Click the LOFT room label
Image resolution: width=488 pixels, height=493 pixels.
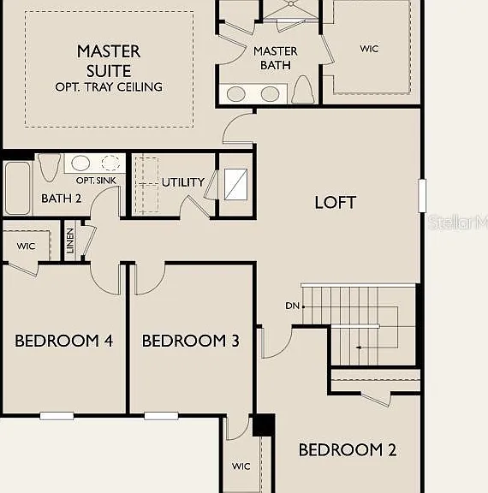[x=336, y=202]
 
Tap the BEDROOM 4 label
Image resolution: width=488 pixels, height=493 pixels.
[x=64, y=341]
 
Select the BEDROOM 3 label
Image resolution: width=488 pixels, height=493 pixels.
[x=191, y=341]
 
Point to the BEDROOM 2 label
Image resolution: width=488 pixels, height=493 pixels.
[x=347, y=449]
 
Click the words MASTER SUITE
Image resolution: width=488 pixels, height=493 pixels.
[x=109, y=61]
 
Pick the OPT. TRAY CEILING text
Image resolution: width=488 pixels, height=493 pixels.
[x=109, y=86]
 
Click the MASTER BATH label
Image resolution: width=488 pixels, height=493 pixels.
[x=276, y=58]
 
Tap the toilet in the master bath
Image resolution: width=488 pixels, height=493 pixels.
[x=303, y=89]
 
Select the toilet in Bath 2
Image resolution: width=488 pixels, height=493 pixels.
[x=49, y=168]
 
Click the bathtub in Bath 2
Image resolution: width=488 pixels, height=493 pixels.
[x=18, y=188]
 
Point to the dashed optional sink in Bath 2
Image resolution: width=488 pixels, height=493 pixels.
[x=110, y=163]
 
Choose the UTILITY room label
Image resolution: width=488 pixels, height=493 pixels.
[x=183, y=182]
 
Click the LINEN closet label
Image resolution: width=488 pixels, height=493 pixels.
[x=70, y=241]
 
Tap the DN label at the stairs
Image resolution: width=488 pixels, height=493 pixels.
[x=292, y=306]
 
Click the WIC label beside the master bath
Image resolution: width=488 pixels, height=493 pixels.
[x=369, y=49]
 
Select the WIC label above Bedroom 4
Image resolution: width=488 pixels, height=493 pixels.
[x=26, y=246]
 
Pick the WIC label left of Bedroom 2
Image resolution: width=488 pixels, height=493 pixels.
[x=241, y=466]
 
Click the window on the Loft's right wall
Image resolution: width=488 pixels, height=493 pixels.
[x=422, y=195]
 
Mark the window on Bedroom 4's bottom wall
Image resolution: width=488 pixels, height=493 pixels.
[x=57, y=416]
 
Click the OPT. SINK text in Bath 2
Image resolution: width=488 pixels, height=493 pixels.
[x=96, y=181]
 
